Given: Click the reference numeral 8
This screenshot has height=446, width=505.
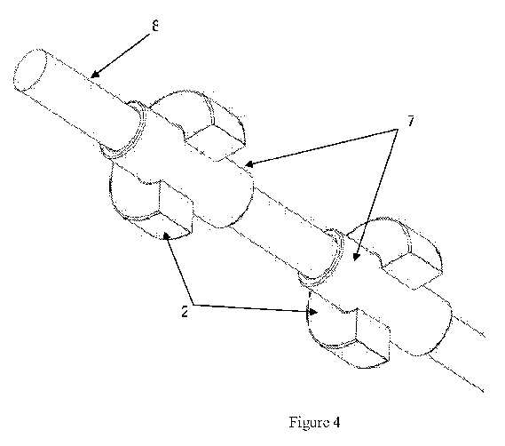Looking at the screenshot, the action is (155, 26).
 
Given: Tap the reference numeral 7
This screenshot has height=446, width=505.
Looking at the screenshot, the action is (411, 121).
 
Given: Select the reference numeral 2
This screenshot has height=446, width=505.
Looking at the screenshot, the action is (185, 312).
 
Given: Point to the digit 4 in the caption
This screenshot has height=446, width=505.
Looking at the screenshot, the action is (335, 422).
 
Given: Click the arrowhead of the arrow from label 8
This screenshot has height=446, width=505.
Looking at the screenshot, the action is (94, 74).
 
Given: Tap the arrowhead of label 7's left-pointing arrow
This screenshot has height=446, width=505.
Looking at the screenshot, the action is (249, 164).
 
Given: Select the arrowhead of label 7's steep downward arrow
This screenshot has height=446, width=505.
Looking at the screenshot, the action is (356, 256).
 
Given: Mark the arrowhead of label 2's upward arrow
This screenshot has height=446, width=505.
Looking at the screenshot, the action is (166, 236).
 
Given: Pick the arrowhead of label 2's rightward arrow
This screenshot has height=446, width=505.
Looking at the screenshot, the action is (313, 312).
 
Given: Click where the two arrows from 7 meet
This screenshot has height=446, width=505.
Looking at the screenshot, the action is (397, 130).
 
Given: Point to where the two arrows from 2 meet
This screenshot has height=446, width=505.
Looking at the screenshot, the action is (193, 304).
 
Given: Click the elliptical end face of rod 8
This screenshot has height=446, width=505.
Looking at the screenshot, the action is (30, 69).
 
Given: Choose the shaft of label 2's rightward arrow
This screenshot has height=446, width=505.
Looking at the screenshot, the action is (253, 308).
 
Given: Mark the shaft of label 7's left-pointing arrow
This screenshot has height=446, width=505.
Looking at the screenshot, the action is (320, 147).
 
